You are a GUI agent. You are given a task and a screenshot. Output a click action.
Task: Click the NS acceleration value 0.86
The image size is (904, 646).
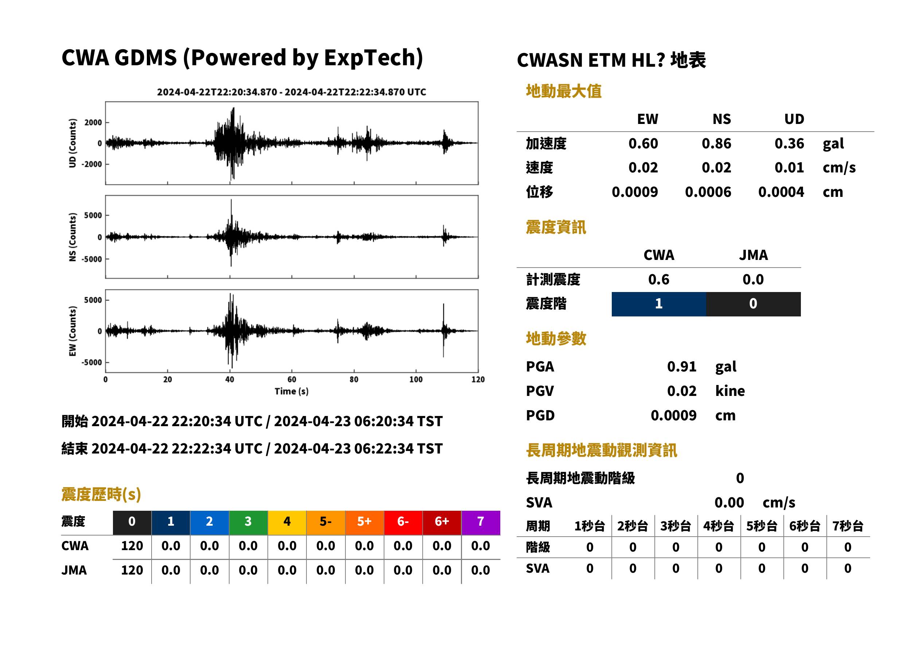[x=716, y=144]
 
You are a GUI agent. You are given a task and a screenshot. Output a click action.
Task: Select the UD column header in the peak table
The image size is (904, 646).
[x=794, y=119]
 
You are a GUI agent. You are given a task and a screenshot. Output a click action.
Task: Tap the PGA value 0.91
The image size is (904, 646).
[x=681, y=366]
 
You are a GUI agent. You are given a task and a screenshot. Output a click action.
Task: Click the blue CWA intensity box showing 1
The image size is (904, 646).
[x=659, y=304]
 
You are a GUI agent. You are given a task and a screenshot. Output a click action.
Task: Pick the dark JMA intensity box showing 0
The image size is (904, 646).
[x=754, y=304]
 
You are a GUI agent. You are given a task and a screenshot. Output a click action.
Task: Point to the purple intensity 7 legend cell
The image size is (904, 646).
[x=481, y=522]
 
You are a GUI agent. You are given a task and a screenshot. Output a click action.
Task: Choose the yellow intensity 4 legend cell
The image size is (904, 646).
[x=287, y=522]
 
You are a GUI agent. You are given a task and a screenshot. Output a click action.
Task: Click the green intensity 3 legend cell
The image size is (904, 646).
[x=248, y=522]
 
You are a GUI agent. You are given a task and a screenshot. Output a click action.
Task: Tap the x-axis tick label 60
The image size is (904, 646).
[x=292, y=380]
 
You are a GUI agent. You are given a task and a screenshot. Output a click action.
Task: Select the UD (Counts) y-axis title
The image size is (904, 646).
[x=73, y=143]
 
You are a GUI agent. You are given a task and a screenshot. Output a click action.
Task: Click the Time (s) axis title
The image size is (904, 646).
[x=291, y=392]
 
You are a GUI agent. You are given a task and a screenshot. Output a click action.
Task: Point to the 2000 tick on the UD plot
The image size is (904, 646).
[x=93, y=122]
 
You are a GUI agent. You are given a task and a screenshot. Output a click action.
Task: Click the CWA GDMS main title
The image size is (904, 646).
[x=242, y=57]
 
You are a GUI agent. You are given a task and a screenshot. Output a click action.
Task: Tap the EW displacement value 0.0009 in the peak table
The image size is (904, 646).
[x=635, y=192]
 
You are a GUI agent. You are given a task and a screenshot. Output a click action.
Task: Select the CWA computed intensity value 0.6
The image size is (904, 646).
[x=659, y=280]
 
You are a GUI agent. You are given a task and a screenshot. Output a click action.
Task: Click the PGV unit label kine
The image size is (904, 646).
[x=730, y=391]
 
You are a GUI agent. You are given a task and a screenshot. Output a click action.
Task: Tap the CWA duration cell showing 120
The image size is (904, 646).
[x=132, y=546]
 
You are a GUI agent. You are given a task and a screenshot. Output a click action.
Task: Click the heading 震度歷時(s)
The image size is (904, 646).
[x=101, y=494]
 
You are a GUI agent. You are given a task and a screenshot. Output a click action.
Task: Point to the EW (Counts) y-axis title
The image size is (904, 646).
[x=73, y=331]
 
